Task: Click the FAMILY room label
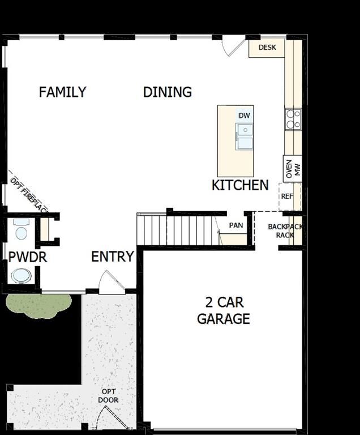point(62,92)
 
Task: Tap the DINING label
point(167,92)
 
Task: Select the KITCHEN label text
point(240,185)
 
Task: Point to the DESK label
point(267,48)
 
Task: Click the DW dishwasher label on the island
point(244,116)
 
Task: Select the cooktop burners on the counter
point(293,119)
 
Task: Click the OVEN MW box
point(293,169)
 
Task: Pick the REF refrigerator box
point(287,197)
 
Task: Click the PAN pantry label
point(236,225)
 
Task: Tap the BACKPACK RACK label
point(285,231)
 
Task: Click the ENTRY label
point(113,257)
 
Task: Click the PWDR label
point(27,257)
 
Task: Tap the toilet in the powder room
point(22,230)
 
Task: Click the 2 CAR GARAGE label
point(223,310)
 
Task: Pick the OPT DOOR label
point(109,395)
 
